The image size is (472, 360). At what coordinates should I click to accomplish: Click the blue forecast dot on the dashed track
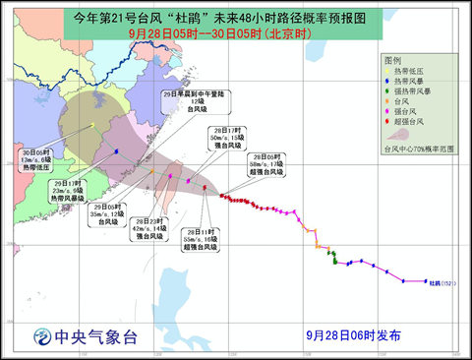click(116, 150)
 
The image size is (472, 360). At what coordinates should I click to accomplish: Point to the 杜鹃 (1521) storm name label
click(442, 284)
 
